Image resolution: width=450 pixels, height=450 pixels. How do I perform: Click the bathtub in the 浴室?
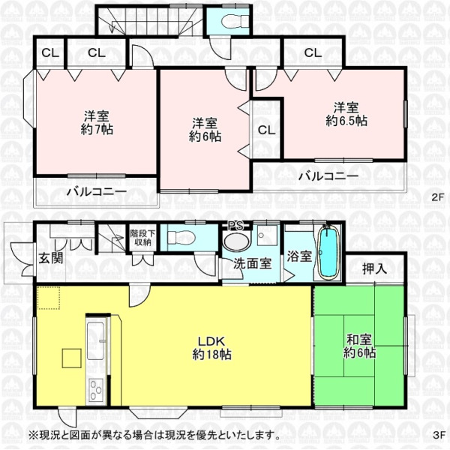328,252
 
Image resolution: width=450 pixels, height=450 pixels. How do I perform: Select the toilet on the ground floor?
181,237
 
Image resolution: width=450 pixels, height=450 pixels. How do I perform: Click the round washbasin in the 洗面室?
237,241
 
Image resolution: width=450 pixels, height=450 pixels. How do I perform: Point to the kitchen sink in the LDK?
97,340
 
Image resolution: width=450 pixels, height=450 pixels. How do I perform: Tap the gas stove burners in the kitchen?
96,389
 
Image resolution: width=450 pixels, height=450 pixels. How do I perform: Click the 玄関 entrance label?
51,258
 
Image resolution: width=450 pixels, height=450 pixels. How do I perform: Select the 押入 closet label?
374,269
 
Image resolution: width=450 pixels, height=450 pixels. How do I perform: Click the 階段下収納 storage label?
142,238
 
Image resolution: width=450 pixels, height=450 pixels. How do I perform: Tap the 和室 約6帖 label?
359,346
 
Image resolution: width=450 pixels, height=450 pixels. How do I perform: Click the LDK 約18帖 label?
211,348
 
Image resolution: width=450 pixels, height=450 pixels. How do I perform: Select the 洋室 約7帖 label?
97,122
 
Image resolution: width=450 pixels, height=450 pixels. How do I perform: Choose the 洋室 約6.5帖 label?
346,114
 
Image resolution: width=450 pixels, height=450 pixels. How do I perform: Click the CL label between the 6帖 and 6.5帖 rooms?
266,130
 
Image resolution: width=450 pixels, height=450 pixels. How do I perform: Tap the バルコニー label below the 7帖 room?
97,191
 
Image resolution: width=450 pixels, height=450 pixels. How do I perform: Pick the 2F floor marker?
438,197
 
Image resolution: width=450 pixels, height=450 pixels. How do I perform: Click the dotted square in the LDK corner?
49,298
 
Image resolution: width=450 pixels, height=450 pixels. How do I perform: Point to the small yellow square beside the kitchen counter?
72,358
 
